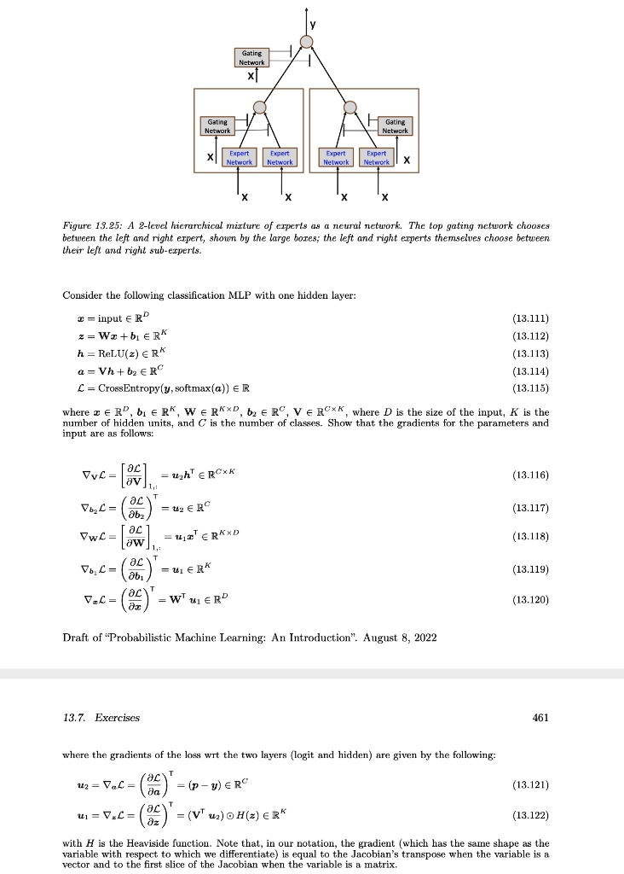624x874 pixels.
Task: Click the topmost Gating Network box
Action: pyautogui.click(x=251, y=57)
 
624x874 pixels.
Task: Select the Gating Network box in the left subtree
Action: pyautogui.click(x=217, y=125)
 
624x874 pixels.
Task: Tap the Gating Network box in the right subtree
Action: pyautogui.click(x=395, y=125)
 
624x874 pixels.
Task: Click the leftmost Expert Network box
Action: pyautogui.click(x=239, y=158)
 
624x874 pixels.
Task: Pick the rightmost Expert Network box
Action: pyautogui.click(x=377, y=158)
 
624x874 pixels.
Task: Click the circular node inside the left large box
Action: pyautogui.click(x=261, y=108)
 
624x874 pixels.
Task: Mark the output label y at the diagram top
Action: pyautogui.click(x=322, y=24)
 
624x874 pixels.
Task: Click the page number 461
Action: pyautogui.click(x=540, y=718)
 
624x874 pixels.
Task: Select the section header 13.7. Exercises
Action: pyautogui.click(x=101, y=718)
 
